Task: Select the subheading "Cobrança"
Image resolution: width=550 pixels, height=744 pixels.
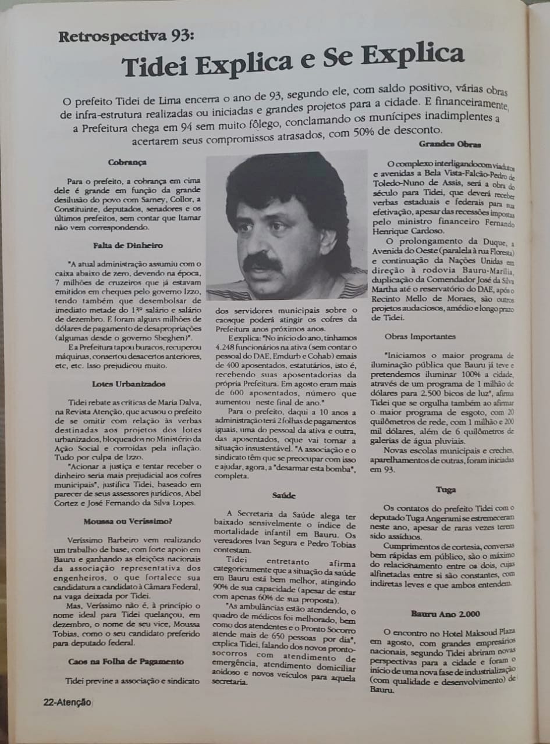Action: point(127,163)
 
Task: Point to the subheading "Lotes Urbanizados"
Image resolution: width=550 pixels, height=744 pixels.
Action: point(129,384)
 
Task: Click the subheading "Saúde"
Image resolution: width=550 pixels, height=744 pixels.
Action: point(284,495)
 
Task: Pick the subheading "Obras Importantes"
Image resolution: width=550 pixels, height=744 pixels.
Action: point(420,337)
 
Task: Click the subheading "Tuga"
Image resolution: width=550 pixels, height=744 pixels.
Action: point(446,489)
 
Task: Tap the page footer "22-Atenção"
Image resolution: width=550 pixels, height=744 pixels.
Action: point(67,702)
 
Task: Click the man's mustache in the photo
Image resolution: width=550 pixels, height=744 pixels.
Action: point(261,263)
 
